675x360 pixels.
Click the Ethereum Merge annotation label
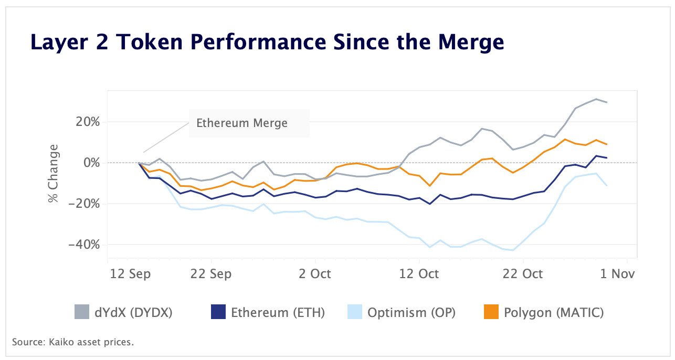click(241, 123)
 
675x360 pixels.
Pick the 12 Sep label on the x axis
click(130, 274)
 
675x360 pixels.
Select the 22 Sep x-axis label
click(212, 274)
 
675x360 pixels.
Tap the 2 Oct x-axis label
click(315, 274)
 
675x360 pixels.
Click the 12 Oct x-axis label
click(419, 274)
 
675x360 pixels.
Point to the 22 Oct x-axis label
click(523, 274)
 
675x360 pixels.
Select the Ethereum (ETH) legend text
click(278, 313)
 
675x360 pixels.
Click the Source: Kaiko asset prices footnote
click(73, 343)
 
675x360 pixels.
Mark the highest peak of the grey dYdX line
click(596, 99)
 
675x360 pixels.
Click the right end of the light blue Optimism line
click(607, 185)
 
